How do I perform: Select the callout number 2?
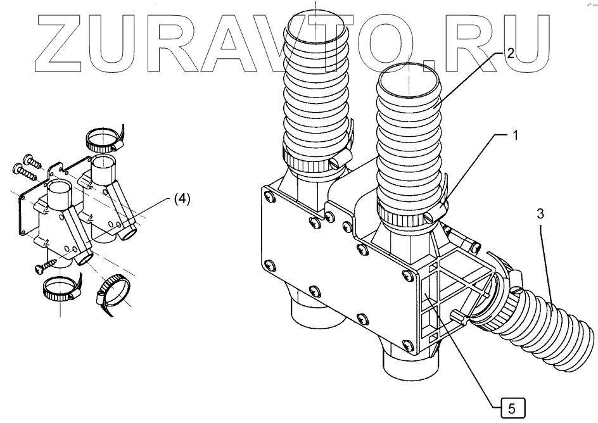(510, 54)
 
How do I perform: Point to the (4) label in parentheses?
(179, 199)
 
